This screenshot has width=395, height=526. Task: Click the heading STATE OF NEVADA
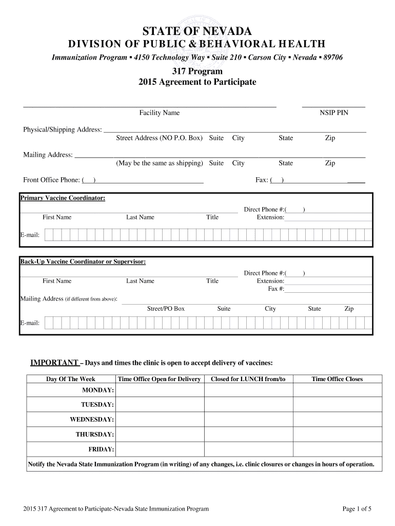pos(197,31)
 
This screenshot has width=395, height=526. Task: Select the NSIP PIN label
pos(334,112)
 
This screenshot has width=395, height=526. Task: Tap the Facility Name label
pos(160,112)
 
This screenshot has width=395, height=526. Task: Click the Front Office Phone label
pos(51,180)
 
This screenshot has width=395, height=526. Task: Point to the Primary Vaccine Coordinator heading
pos(63,198)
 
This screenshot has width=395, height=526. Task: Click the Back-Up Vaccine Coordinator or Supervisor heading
pos(83,262)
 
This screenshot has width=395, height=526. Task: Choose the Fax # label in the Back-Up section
pos(276,289)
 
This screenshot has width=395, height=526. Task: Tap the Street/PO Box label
pos(166,309)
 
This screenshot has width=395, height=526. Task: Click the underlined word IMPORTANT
pos(54,363)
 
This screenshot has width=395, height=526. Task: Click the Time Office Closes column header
pos(337,379)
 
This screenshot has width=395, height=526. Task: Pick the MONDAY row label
pos(98,391)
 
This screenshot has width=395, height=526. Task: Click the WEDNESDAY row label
pos(92,420)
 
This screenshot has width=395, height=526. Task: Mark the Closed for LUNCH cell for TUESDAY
pos(248,405)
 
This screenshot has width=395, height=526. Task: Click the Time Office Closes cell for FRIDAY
pos(337,449)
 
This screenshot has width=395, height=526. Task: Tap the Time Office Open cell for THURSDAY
pos(160,435)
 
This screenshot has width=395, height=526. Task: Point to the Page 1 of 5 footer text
pos(357,509)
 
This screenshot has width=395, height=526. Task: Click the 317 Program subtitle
pos(197,71)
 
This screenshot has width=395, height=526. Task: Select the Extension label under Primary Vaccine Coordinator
pos(270,217)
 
